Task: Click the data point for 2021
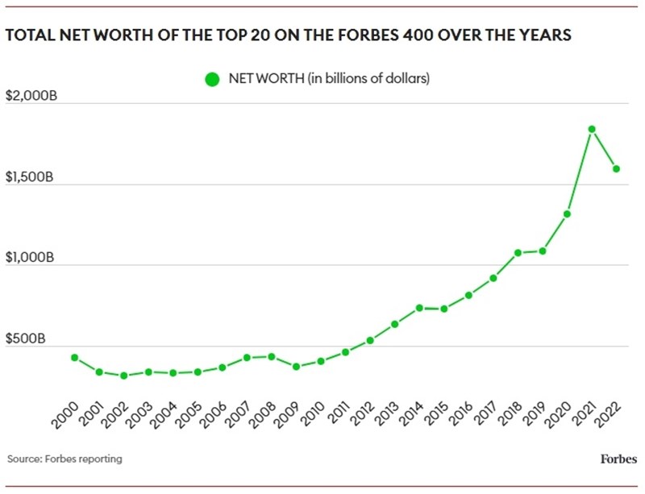click(x=592, y=129)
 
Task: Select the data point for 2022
click(x=616, y=169)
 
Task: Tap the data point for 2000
click(x=75, y=358)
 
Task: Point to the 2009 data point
click(x=296, y=367)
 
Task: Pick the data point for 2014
click(x=419, y=308)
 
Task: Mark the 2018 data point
click(x=518, y=253)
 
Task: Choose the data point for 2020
click(x=567, y=214)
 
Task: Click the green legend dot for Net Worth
click(x=213, y=79)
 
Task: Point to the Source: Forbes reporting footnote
click(x=64, y=459)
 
